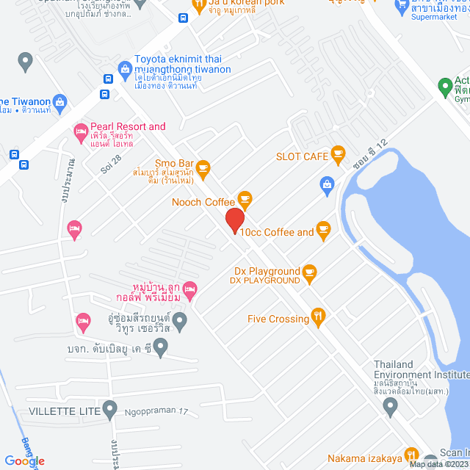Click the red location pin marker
234,220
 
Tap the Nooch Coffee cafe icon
245,199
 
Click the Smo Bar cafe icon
203,167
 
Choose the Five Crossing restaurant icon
318,317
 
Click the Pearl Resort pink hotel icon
80,132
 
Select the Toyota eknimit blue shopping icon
124,68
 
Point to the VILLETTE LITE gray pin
110,408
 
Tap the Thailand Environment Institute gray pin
391,405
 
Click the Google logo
24,460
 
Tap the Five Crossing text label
278,319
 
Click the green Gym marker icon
444,88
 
